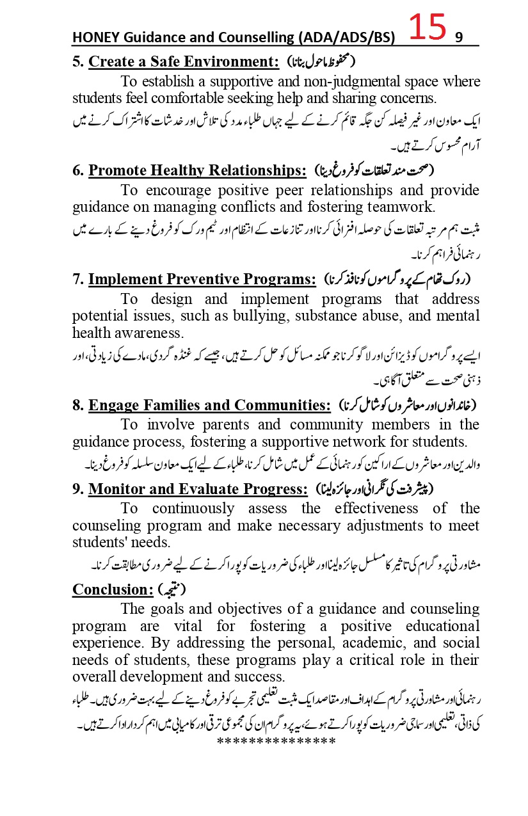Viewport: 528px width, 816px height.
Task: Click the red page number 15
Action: (x=427, y=29)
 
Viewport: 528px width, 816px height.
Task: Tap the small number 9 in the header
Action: (x=458, y=38)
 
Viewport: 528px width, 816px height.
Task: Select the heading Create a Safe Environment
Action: (x=184, y=62)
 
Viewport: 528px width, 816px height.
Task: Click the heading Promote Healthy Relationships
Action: (x=197, y=170)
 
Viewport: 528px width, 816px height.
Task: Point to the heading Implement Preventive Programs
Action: (x=202, y=279)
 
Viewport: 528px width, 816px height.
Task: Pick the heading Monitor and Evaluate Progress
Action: (x=198, y=489)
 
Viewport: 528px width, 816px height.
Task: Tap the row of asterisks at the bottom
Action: (x=276, y=741)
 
